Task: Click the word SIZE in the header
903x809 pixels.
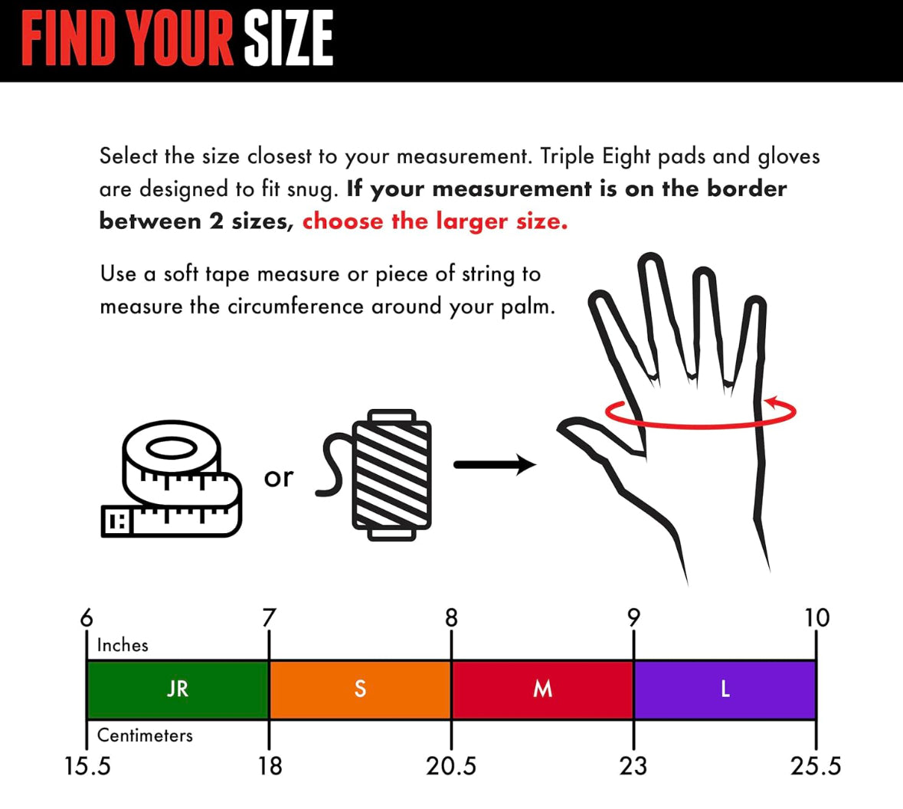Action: (x=289, y=39)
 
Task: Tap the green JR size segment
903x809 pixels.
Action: (x=178, y=689)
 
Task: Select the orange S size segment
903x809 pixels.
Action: (x=360, y=689)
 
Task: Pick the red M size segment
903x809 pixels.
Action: (x=542, y=689)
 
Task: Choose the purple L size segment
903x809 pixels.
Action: (x=725, y=689)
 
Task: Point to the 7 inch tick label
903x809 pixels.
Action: (x=269, y=617)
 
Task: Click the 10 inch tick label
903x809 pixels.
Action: (x=816, y=617)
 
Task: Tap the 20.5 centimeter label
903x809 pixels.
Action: (x=451, y=766)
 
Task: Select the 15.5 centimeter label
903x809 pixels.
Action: (x=87, y=766)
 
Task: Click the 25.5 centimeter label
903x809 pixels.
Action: (x=816, y=766)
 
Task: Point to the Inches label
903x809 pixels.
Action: (x=123, y=645)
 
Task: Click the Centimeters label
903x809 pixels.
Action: (x=145, y=735)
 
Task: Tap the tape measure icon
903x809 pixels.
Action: (x=171, y=480)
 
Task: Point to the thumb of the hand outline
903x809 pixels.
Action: (x=599, y=438)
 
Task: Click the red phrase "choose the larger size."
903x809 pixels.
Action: (x=435, y=221)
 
